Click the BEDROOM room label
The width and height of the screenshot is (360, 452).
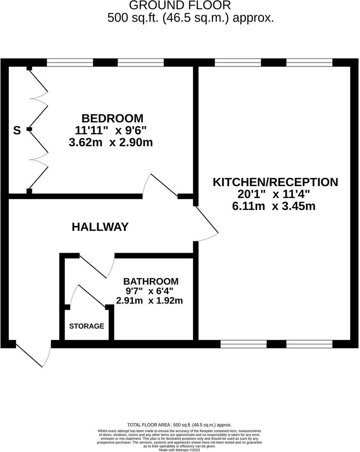112,118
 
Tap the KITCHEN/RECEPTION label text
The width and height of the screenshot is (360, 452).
275,182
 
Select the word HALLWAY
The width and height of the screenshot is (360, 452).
100,227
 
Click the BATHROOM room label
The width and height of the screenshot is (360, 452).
151,281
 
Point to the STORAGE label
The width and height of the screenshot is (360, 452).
87,326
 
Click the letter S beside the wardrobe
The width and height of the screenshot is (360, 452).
17,130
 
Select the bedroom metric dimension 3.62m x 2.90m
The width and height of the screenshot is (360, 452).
110,142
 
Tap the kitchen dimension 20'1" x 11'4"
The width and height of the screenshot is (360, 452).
274,195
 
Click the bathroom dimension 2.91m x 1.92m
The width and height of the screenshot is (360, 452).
149,301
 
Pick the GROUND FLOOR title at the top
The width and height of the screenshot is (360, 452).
180,6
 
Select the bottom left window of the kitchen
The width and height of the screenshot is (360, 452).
244,344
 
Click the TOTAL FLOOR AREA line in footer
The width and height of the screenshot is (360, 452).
180,425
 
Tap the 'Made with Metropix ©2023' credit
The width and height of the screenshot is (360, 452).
180,450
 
